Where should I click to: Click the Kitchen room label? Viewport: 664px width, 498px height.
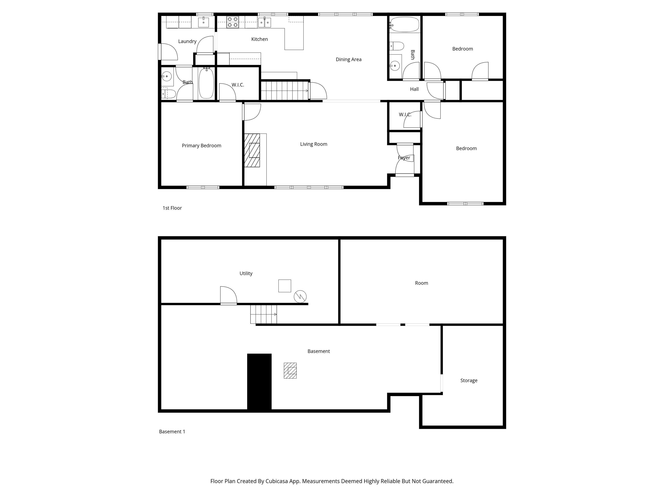[259, 39]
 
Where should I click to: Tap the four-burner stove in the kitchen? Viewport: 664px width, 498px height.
[232, 22]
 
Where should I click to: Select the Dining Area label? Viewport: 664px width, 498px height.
[348, 59]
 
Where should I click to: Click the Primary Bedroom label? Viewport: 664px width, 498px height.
[201, 146]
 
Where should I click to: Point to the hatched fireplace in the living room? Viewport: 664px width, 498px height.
[252, 150]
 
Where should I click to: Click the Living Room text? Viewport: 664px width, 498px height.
[313, 144]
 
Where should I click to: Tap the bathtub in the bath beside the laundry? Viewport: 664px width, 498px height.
[206, 83]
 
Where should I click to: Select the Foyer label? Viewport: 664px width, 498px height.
[404, 158]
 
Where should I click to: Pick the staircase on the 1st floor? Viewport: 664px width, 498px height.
[284, 91]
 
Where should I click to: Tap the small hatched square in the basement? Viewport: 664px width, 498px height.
[290, 370]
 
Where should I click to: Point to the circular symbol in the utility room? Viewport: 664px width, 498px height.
[300, 297]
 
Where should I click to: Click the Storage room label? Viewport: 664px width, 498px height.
[469, 380]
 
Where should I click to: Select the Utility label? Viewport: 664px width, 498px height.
[246, 273]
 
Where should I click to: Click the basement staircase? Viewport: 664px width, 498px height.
[263, 314]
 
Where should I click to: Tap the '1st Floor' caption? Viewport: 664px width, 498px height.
[172, 208]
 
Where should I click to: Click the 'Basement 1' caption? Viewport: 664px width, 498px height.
[172, 432]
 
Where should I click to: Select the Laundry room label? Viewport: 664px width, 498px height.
[187, 41]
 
